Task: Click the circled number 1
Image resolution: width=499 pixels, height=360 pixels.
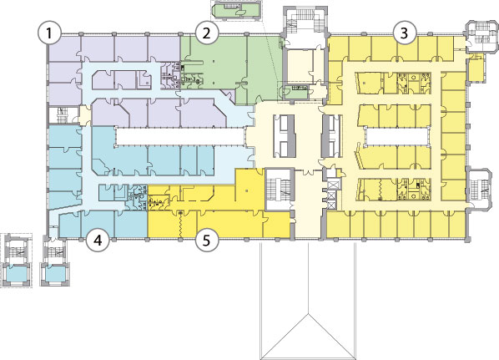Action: click(x=49, y=33)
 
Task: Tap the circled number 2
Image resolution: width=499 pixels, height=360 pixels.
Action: click(x=207, y=33)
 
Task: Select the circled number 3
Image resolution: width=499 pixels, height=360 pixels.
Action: click(x=404, y=33)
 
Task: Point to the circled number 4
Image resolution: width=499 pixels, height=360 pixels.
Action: click(x=98, y=241)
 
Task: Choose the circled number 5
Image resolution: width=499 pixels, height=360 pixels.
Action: click(x=207, y=241)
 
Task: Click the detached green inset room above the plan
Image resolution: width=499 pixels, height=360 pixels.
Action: click(x=236, y=10)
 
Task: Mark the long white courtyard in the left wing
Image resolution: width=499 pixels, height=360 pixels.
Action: click(x=179, y=136)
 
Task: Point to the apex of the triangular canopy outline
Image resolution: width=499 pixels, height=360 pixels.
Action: click(x=308, y=314)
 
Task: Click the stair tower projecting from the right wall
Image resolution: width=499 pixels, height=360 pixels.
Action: click(x=479, y=186)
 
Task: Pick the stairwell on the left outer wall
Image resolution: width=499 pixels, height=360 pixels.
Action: click(x=63, y=114)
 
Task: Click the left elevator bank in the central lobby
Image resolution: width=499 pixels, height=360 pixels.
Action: click(x=285, y=136)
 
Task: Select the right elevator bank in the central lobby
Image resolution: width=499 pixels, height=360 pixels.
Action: click(x=331, y=136)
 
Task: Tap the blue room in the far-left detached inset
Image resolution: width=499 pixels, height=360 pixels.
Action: click(x=17, y=274)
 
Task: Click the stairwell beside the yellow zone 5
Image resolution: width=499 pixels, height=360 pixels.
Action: click(x=279, y=189)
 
